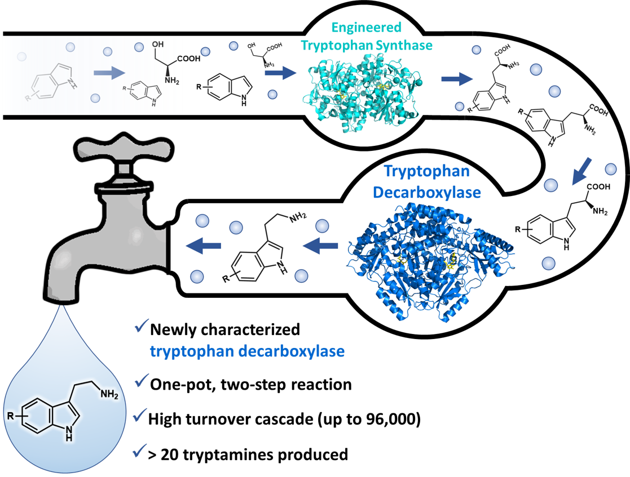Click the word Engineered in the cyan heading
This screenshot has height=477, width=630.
click(367, 27)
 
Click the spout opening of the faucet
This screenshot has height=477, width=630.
click(60, 298)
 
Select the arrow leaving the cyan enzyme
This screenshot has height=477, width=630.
click(457, 79)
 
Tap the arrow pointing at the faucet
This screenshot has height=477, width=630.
click(203, 246)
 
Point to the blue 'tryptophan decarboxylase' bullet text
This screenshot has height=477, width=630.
click(247, 351)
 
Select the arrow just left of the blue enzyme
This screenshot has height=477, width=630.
click(320, 245)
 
